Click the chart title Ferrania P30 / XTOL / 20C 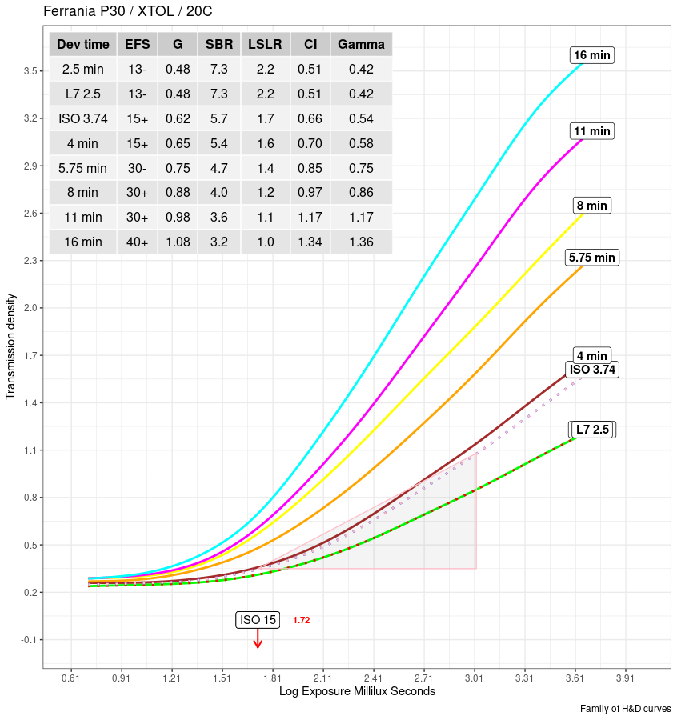(127, 12)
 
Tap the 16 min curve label (593, 55)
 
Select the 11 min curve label (593, 131)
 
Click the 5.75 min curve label (592, 258)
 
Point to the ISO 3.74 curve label (592, 370)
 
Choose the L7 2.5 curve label (592, 430)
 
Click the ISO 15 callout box (258, 620)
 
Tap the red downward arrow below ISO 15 (258, 639)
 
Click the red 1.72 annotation (302, 620)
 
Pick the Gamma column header (361, 44)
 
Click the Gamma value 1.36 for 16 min (361, 242)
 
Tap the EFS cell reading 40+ (137, 242)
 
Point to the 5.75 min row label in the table (82, 168)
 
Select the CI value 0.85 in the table (310, 168)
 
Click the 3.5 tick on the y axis (30, 71)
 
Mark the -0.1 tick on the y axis (29, 640)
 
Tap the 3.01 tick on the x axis (475, 678)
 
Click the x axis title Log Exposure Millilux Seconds (357, 691)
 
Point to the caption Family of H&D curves (625, 709)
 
